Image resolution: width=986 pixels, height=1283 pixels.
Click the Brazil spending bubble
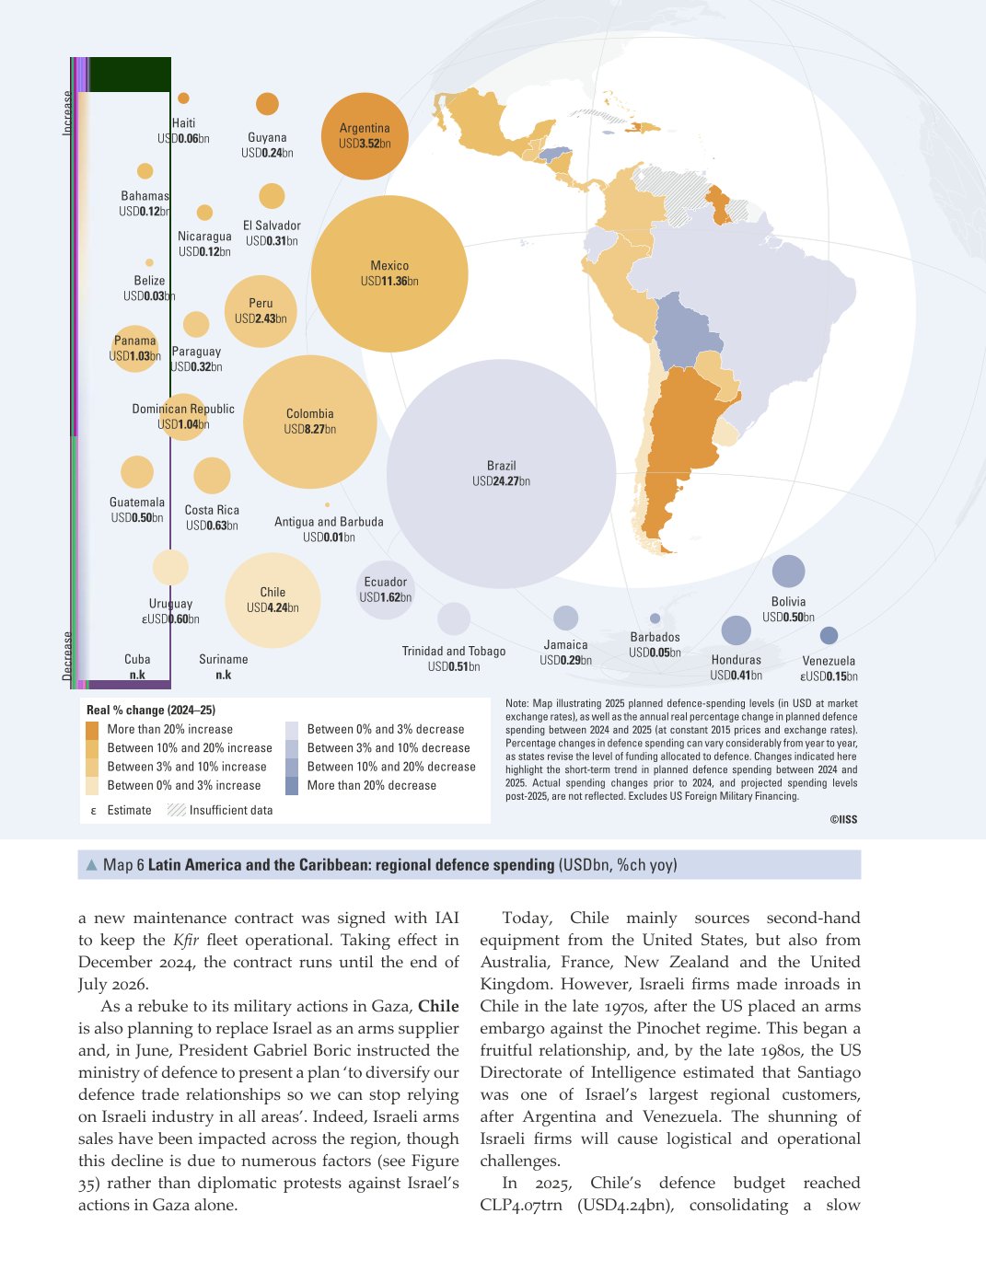[501, 473]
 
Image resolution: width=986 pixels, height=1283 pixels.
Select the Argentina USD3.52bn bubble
[365, 136]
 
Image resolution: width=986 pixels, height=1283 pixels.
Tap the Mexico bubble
[389, 274]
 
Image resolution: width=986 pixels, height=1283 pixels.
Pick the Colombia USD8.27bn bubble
[310, 422]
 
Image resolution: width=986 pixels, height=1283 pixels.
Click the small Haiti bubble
[183, 98]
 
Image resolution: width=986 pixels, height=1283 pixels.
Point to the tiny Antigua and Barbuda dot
[327, 504]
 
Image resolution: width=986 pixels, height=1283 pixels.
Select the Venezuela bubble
[829, 635]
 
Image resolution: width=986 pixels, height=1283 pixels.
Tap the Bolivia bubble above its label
[788, 572]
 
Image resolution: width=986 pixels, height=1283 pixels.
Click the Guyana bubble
[268, 104]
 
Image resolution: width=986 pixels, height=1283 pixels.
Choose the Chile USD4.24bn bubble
[273, 600]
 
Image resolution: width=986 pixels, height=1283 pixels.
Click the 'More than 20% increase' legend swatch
[92, 730]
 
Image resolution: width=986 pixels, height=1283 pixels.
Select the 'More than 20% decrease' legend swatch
[292, 786]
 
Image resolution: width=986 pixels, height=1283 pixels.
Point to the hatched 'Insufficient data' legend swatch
[176, 810]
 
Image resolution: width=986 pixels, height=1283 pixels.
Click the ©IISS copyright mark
[843, 819]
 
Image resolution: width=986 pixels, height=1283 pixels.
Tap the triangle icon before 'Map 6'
[91, 865]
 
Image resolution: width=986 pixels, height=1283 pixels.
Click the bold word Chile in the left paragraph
[438, 1006]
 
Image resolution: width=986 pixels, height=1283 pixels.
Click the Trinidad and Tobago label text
[454, 651]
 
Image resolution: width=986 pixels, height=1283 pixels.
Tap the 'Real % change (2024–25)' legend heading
[151, 710]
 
